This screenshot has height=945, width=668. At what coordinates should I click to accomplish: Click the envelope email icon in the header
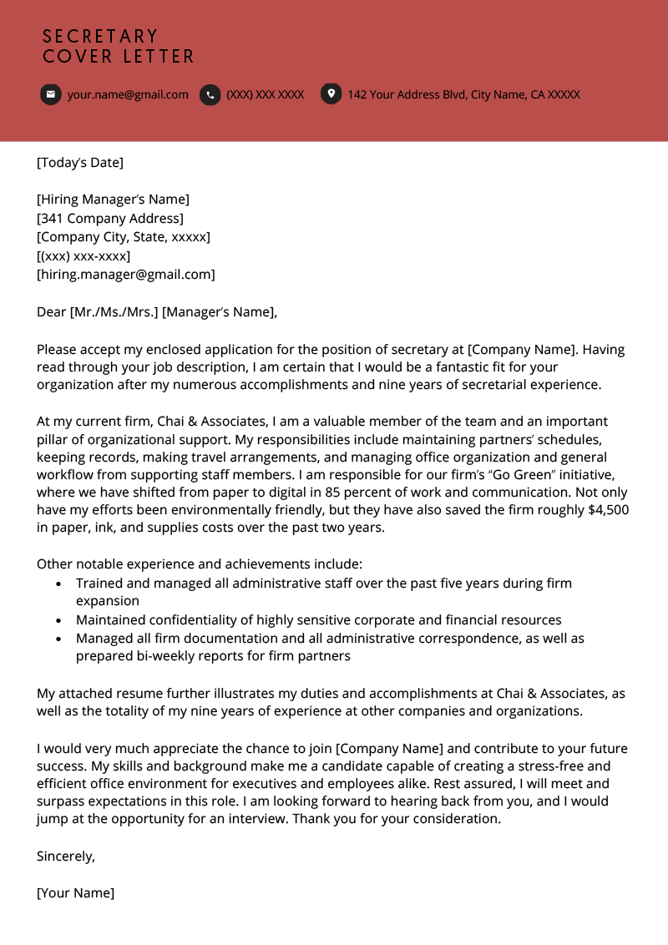(51, 94)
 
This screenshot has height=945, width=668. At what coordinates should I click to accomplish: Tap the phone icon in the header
(210, 94)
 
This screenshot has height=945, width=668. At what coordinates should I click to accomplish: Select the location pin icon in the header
(331, 94)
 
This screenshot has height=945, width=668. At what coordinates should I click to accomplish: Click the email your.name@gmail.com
(128, 94)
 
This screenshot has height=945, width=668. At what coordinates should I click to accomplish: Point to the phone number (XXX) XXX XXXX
(265, 94)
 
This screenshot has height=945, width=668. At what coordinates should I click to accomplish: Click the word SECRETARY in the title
(100, 37)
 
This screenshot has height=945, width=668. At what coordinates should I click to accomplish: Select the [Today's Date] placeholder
(80, 162)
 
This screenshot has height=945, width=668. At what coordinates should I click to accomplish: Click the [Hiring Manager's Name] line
(113, 199)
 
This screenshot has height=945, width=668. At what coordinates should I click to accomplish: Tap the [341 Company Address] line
(109, 218)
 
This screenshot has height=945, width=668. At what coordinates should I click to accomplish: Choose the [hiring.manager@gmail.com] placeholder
(125, 274)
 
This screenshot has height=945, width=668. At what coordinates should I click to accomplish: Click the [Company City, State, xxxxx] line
(123, 236)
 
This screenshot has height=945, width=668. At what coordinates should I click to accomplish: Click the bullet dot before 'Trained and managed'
(58, 584)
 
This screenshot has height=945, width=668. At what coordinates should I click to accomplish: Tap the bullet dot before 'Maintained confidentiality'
(58, 621)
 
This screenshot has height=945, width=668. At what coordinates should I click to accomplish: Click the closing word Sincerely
(66, 856)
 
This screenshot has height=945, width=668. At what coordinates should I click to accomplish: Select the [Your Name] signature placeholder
(75, 892)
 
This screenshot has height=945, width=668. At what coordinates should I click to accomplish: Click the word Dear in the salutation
(51, 311)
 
